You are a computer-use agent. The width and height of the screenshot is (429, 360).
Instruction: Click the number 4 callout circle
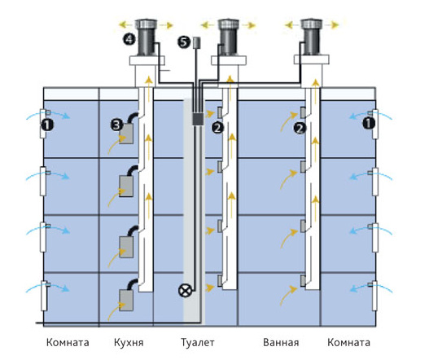click(129, 39)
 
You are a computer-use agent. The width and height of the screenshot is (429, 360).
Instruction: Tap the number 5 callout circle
click(184, 42)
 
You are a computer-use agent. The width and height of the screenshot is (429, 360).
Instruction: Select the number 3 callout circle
click(117, 125)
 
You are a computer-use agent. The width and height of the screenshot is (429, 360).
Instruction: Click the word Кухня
click(129, 342)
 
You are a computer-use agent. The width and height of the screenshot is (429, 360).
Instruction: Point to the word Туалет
click(198, 342)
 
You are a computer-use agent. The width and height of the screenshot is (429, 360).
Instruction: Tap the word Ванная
click(281, 342)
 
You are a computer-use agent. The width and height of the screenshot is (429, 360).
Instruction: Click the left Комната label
click(68, 342)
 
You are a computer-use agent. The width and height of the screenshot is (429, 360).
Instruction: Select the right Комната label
click(349, 342)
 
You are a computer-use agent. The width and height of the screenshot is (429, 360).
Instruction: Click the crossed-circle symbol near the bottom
click(186, 291)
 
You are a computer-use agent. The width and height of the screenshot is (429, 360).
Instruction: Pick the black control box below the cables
click(198, 119)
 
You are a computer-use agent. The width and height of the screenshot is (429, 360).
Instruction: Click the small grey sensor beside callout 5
click(197, 43)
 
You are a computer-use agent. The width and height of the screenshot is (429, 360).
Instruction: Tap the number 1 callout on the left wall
click(47, 125)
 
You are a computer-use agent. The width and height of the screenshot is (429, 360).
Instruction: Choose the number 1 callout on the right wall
click(369, 123)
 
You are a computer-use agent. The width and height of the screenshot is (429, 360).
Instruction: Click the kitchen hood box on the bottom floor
click(126, 301)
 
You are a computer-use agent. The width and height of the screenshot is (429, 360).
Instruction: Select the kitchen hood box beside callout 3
click(126, 134)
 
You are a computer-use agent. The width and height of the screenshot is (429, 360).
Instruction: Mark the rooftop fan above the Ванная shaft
click(311, 37)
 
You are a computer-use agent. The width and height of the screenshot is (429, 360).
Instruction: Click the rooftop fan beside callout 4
click(147, 37)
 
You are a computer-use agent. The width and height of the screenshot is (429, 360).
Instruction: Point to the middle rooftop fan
click(229, 37)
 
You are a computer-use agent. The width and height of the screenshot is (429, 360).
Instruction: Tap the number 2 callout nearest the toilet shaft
click(218, 128)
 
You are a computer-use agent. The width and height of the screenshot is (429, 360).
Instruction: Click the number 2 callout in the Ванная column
click(300, 129)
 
